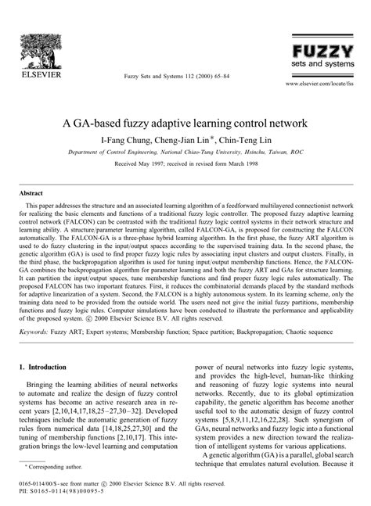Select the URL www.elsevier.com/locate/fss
click(319, 82)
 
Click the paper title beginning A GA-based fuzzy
click(185, 123)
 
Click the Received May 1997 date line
click(185, 166)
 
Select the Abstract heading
click(31, 192)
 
